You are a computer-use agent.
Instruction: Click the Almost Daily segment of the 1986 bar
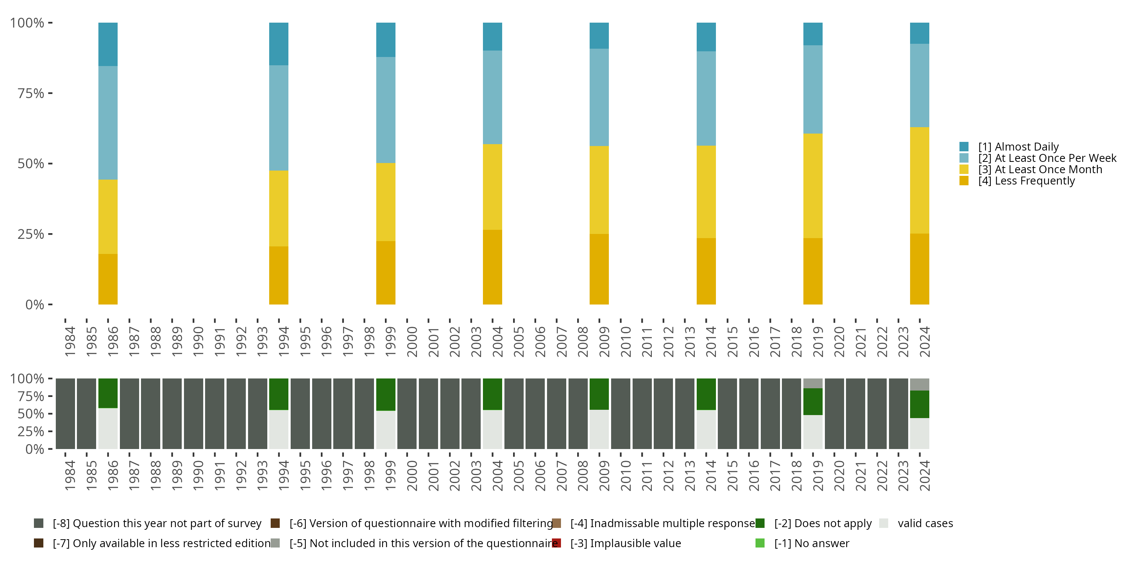coord(107,45)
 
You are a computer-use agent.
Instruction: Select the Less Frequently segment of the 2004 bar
coord(492,267)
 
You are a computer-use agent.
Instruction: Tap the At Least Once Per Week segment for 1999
coord(386,110)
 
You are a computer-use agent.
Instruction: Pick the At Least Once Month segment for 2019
coord(813,186)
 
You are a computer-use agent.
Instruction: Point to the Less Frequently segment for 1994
coord(279,275)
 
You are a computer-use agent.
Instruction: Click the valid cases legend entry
coord(916,523)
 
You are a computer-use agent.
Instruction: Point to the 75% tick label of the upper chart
coord(31,93)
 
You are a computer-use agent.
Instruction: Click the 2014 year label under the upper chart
coord(711,341)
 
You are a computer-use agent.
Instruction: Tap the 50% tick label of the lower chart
coord(31,414)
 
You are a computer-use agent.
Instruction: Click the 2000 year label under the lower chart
coord(412,476)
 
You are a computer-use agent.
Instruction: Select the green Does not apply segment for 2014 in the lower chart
coord(706,394)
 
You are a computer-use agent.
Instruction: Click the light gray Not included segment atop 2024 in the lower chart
coord(920,385)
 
